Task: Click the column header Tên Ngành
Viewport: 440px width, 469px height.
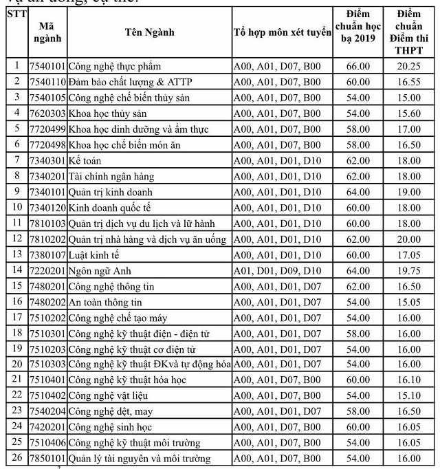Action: click(150, 32)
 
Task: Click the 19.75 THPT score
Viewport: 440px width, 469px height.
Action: click(410, 271)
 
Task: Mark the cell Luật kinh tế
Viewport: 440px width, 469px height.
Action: click(95, 255)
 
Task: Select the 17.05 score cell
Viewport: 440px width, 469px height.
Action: click(410, 255)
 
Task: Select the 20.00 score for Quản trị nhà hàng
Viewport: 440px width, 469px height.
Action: click(410, 239)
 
